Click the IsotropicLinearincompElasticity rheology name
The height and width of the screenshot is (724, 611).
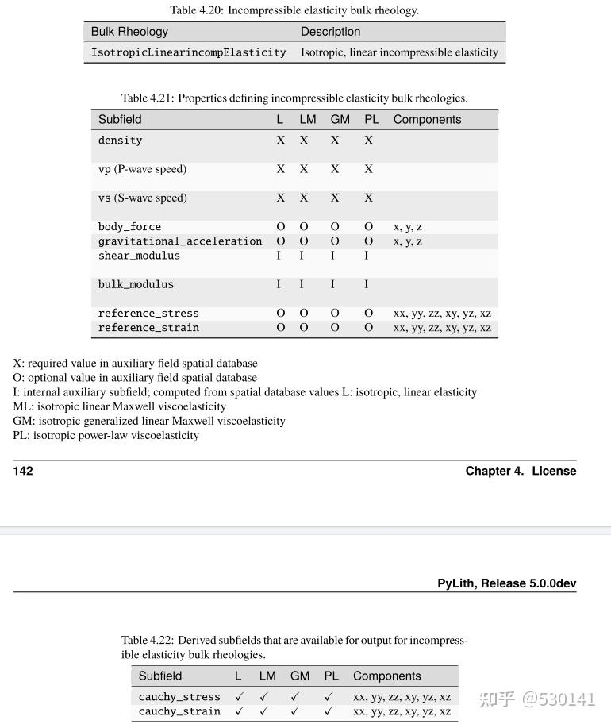[188, 52]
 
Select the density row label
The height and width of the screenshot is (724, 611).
[120, 141]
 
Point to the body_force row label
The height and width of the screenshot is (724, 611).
[129, 227]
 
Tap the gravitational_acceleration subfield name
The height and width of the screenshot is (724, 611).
[179, 241]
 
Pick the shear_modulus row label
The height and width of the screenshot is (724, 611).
[139, 256]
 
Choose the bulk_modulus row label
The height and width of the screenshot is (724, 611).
[136, 284]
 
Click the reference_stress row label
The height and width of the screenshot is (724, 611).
[148, 314]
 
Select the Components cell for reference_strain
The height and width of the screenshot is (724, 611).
[442, 328]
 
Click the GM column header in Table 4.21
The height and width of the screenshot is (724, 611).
[340, 120]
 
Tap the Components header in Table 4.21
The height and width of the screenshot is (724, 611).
[427, 120]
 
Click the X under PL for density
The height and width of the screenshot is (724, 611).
[368, 141]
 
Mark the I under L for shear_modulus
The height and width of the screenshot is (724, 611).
[279, 256]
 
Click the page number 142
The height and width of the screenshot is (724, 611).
[23, 471]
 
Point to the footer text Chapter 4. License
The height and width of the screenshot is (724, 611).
[521, 471]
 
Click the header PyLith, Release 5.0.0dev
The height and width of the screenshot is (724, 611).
[506, 583]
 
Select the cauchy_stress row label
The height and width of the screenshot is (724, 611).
[179, 697]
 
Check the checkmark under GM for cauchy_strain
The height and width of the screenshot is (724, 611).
[295, 711]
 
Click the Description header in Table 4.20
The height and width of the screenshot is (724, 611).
[330, 32]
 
